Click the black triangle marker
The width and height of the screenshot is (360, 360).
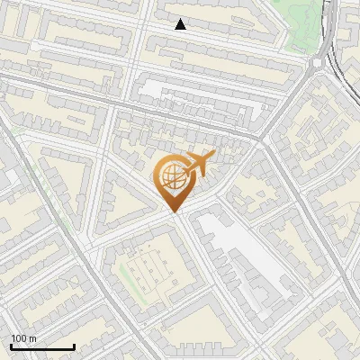tap(181, 24)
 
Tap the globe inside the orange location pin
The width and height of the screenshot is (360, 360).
tap(171, 177)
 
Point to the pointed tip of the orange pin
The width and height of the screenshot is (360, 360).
tap(174, 212)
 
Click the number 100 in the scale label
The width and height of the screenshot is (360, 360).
tap(17, 338)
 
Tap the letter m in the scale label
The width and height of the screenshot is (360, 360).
tap(32, 338)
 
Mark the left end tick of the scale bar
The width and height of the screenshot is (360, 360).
tap(11, 346)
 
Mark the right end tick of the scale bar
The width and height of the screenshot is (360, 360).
tap(74, 346)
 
